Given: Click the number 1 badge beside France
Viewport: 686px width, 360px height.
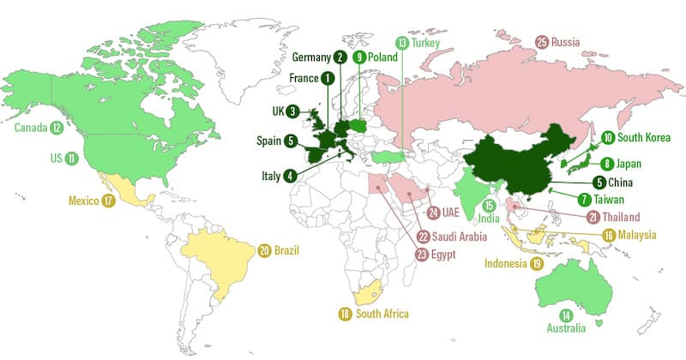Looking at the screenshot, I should click(328, 78).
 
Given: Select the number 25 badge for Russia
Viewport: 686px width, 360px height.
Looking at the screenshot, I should click(542, 41).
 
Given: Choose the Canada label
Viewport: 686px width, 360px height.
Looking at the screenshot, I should click(31, 129).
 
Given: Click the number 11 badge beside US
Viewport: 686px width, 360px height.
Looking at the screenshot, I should click(71, 159).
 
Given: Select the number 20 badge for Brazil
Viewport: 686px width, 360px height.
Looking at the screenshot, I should click(264, 250).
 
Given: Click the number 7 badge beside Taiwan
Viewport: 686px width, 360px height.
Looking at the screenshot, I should click(584, 199).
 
